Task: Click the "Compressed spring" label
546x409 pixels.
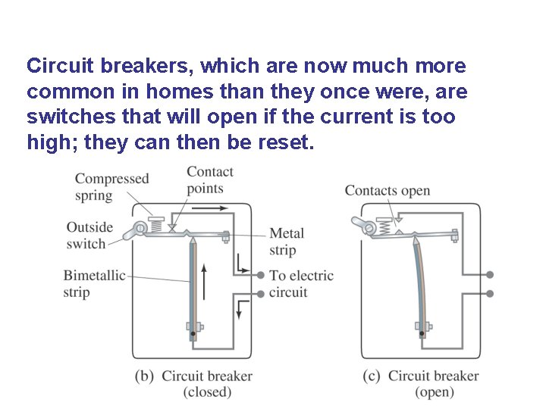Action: click(x=111, y=187)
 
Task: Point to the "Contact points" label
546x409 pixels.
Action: click(x=210, y=180)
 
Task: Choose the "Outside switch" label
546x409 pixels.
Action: click(x=89, y=235)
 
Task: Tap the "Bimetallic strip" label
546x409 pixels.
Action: click(x=93, y=283)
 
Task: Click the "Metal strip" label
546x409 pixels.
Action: click(x=286, y=242)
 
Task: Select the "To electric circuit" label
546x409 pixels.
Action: click(x=300, y=283)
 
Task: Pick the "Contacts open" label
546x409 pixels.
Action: click(x=387, y=190)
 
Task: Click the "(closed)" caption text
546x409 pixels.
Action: click(x=207, y=392)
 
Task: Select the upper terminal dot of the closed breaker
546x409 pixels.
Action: click(x=261, y=275)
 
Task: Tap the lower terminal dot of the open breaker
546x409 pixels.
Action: click(x=490, y=293)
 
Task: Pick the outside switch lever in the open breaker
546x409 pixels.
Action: click(x=362, y=223)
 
